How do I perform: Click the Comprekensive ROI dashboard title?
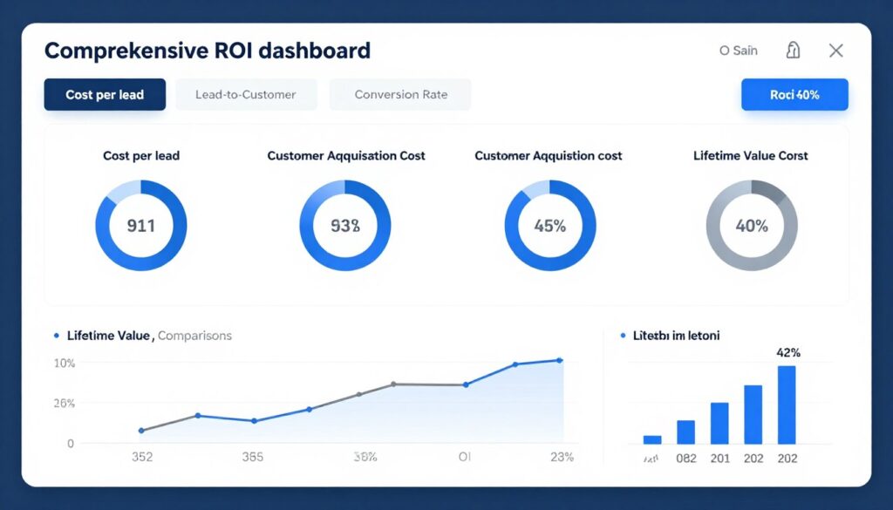click(207, 51)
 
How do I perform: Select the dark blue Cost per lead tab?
click(105, 94)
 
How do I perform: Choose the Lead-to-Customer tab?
click(245, 94)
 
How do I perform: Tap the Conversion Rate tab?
click(400, 94)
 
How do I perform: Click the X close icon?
click(835, 51)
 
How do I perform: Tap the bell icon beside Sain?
click(793, 51)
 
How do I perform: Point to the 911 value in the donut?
click(140, 226)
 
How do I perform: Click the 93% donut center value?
click(345, 226)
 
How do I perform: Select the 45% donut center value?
click(549, 226)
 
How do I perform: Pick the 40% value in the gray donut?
click(751, 226)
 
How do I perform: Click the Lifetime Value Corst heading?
click(750, 156)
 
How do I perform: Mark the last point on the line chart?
click(559, 360)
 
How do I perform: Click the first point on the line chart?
click(141, 431)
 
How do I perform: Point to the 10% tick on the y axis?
click(65, 363)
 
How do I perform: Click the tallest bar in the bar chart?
click(787, 405)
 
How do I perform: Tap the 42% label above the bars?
click(787, 353)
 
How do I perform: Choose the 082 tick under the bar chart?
click(686, 458)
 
